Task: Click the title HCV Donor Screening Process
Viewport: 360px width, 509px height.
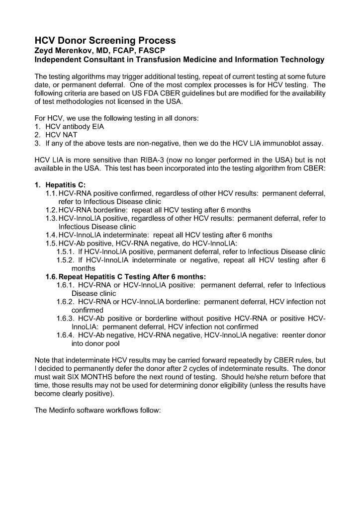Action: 105,40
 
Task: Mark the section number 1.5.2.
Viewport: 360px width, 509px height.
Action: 66,260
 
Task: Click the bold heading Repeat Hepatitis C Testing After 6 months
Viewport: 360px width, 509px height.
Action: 132,277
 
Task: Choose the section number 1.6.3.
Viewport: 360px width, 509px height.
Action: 66,319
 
